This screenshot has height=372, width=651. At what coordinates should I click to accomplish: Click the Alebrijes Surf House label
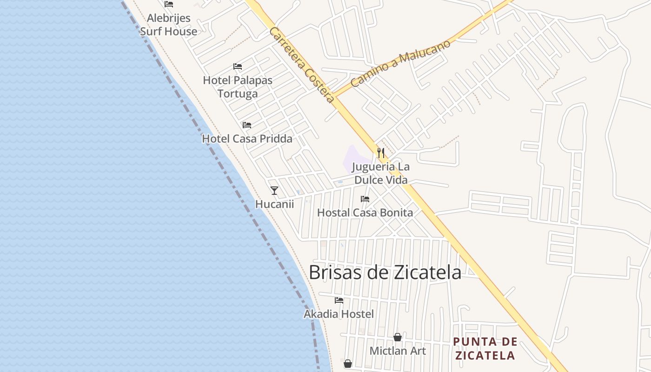pos(168,25)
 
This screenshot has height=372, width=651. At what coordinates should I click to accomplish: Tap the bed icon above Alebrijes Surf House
pos(169,4)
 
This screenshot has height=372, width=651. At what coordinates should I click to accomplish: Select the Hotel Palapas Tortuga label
pos(238,87)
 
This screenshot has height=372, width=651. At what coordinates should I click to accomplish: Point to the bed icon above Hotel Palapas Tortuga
pos(238,66)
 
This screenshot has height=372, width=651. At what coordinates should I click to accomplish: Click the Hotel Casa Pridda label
pos(247,139)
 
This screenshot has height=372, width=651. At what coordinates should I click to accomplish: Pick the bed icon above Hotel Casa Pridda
pos(247,125)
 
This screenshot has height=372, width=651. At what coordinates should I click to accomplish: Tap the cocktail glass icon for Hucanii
pos(274,191)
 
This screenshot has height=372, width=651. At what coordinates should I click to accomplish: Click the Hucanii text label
pos(274,204)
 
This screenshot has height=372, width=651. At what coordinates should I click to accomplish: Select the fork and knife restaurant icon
pos(381,153)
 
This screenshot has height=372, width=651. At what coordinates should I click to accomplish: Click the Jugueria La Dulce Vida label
pos(381,173)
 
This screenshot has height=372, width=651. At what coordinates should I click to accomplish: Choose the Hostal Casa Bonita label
pos(365,213)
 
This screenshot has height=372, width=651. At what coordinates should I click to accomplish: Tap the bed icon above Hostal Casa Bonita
pos(365,199)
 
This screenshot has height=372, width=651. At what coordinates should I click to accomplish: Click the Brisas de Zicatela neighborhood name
pos(385,272)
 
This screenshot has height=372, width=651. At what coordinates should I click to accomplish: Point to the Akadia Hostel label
pos(339,314)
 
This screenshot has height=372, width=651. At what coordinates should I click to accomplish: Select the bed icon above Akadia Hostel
pos(339,300)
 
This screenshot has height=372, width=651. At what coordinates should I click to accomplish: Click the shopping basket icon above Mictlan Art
pos(398,337)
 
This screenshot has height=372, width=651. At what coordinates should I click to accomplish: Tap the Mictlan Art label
pos(398,351)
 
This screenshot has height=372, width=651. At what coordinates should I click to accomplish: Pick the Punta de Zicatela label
pos(485,349)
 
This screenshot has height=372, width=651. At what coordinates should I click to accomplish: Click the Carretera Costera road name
pos(302,65)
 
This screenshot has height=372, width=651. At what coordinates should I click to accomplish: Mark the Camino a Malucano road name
pos(400,64)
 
